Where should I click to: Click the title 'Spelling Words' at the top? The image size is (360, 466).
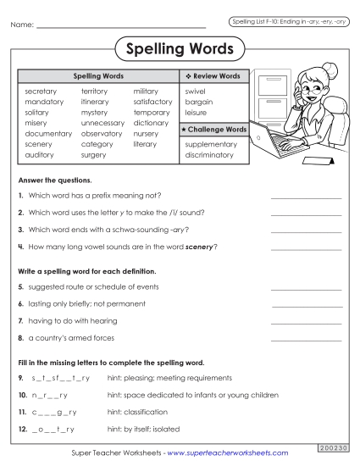[180, 50]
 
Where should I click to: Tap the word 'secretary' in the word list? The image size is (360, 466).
[42, 90]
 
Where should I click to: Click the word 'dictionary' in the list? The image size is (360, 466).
[151, 123]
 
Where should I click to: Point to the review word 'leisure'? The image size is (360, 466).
[196, 112]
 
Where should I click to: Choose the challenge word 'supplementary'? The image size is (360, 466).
[210, 144]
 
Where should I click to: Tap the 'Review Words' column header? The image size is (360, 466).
[213, 76]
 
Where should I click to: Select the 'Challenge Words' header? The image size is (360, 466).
[213, 129]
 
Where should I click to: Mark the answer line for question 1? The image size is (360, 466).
[306, 197]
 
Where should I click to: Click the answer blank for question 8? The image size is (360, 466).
[306, 339]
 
